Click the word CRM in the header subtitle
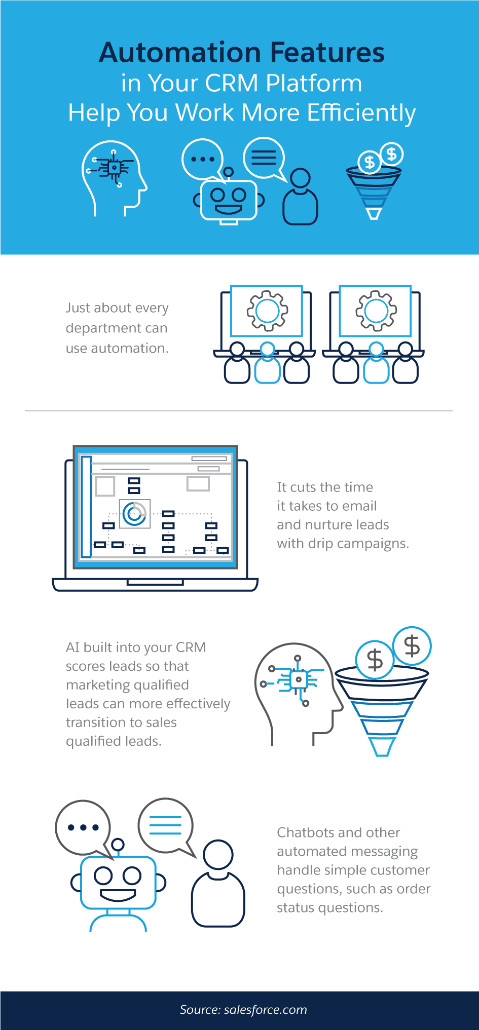[232, 83]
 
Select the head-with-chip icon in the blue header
[114, 177]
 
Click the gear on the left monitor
[267, 311]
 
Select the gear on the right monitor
[376, 311]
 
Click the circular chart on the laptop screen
[134, 514]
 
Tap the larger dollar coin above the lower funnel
[375, 660]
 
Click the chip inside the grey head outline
[298, 679]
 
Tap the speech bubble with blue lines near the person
[165, 825]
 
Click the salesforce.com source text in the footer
[265, 1010]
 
